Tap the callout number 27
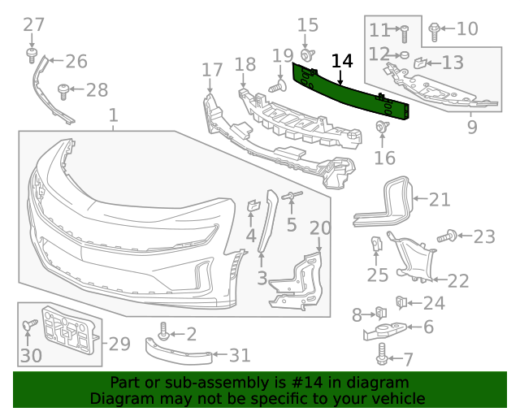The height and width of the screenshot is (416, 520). point(33,24)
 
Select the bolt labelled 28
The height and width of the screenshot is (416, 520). point(63,89)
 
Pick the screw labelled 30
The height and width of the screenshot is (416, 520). point(30,326)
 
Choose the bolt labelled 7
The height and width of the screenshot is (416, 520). point(383,353)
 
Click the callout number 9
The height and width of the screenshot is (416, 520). point(472,128)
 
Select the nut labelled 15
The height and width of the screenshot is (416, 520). point(309,54)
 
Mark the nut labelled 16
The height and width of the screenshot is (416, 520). point(381,127)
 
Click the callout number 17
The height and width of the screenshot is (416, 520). point(212,70)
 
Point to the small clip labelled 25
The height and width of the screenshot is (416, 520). point(377,244)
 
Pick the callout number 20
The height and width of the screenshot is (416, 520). point(320,228)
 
